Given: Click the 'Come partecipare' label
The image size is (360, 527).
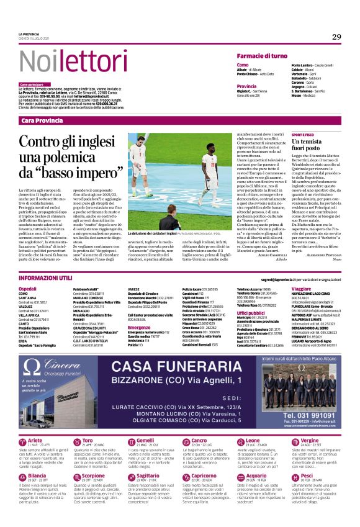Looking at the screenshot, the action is coord(31,84).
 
